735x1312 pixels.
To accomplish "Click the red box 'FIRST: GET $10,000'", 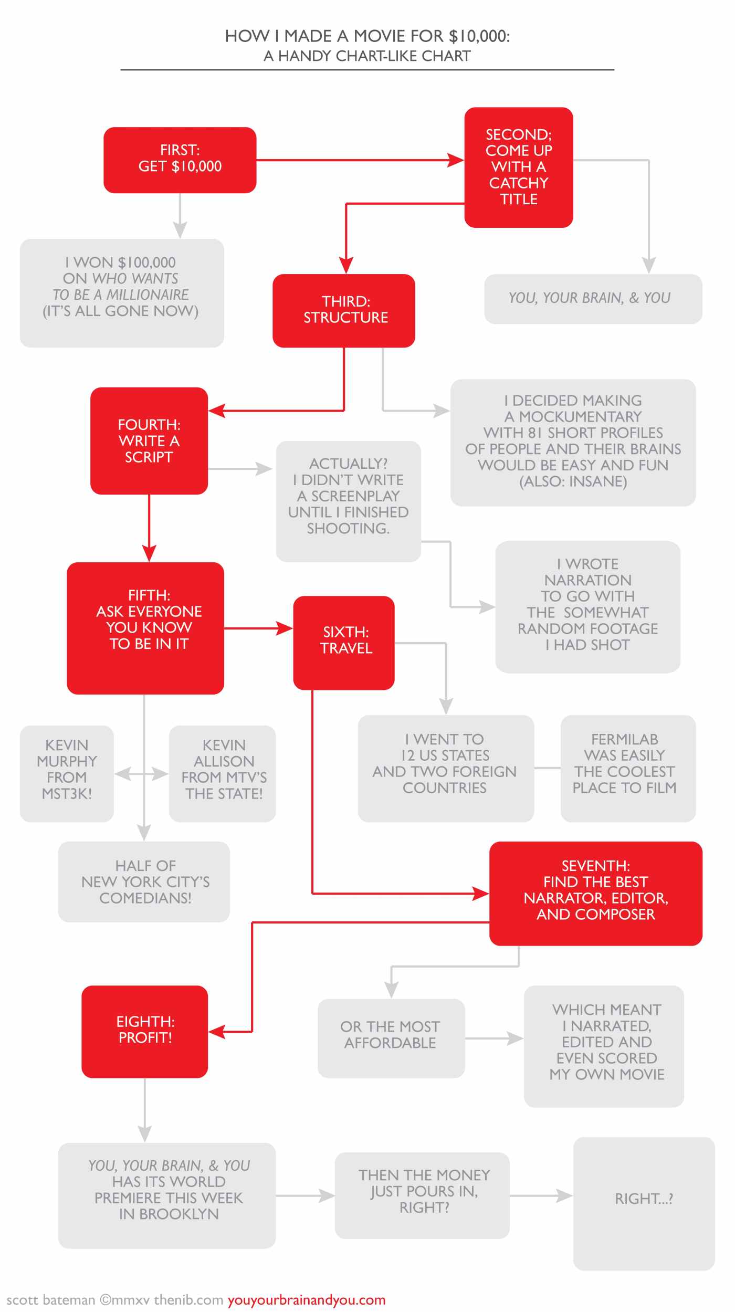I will point(180,160).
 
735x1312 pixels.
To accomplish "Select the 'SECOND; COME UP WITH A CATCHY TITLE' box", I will point(518,167).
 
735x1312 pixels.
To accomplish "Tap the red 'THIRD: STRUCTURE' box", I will point(344,310).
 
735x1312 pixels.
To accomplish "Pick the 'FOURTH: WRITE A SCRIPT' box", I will point(149,440).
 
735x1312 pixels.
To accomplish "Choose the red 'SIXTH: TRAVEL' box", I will point(344,642).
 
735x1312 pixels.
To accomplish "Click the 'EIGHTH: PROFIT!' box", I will point(145,1031).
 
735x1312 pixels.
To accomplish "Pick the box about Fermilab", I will point(627,768).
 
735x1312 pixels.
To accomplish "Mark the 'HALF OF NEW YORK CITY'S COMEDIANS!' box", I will point(144,881).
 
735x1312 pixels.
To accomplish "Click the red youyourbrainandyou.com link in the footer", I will point(306,1300).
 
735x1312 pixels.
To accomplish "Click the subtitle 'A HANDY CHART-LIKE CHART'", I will point(367,56).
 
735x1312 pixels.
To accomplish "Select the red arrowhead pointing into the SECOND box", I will point(456,160).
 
